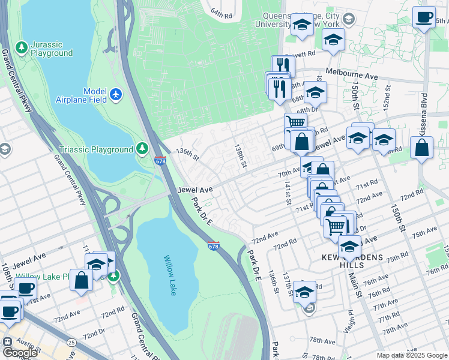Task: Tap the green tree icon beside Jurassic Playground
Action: click(x=22, y=46)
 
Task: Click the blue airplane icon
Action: click(x=116, y=94)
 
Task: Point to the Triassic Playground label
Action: click(x=95, y=149)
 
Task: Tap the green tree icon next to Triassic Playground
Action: click(x=142, y=147)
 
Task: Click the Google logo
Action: click(x=20, y=352)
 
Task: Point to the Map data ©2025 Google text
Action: click(x=411, y=355)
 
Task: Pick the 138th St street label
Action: click(x=241, y=155)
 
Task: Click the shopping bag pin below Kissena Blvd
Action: click(x=423, y=149)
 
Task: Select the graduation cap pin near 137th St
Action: click(x=304, y=292)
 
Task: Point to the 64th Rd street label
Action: click(x=221, y=13)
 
